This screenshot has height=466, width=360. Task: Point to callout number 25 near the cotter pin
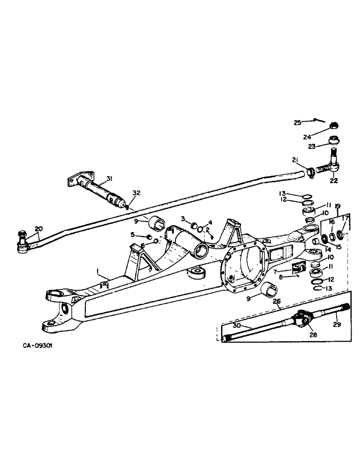tap(297, 123)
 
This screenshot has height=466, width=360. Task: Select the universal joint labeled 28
tap(298, 321)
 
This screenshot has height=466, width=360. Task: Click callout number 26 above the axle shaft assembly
tap(276, 301)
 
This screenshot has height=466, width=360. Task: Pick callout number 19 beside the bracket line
tap(338, 205)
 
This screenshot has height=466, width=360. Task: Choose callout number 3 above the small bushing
tap(183, 218)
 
